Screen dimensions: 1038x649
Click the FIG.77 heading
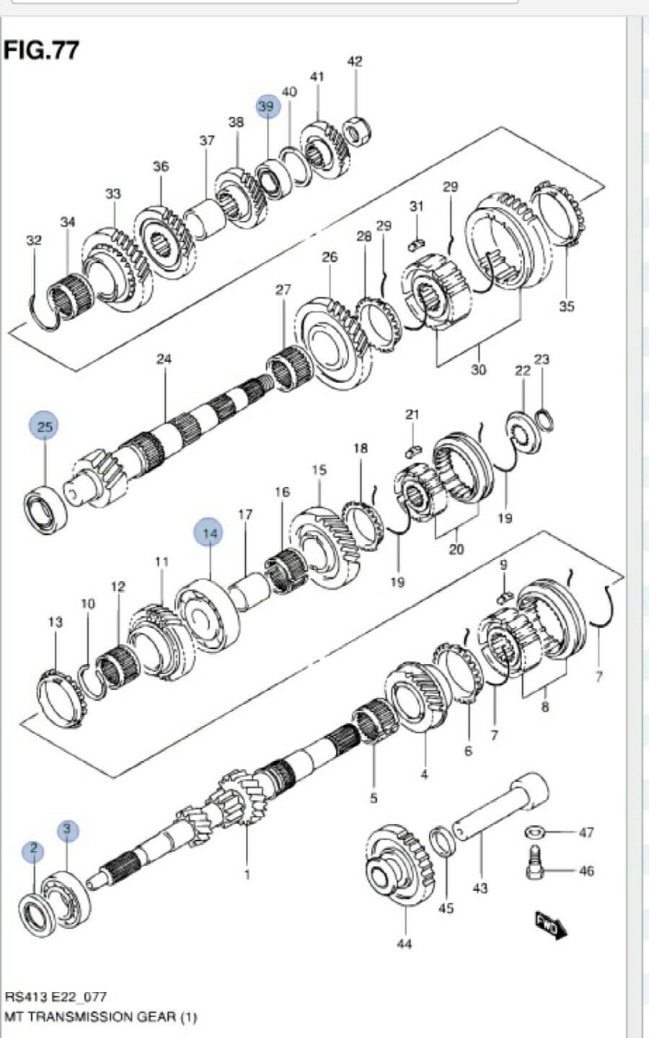(41, 50)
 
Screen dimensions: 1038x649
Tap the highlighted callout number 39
(266, 106)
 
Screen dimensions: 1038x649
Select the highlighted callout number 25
(45, 427)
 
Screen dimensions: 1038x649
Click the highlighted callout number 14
(209, 533)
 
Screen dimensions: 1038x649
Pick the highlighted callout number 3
(66, 830)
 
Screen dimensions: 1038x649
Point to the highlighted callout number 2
(33, 851)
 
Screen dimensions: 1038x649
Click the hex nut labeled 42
(354, 130)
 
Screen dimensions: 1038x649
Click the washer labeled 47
(534, 833)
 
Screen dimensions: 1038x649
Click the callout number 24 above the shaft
(164, 358)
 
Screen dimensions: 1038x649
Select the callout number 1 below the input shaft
(247, 875)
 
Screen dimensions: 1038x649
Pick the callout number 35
(567, 306)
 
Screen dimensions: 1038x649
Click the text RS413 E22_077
(56, 997)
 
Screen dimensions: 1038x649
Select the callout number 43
(480, 888)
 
